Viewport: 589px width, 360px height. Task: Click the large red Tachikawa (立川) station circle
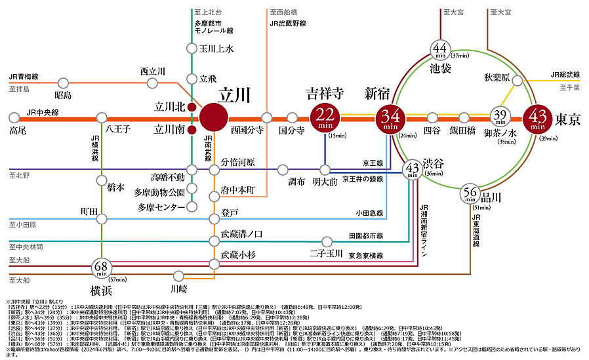(x=213, y=117)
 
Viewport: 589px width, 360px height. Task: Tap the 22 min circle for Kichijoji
(x=326, y=118)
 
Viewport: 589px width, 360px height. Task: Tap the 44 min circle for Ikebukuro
(x=439, y=49)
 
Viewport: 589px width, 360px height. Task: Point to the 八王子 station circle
(x=102, y=118)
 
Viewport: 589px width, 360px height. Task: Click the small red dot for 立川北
(x=191, y=106)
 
